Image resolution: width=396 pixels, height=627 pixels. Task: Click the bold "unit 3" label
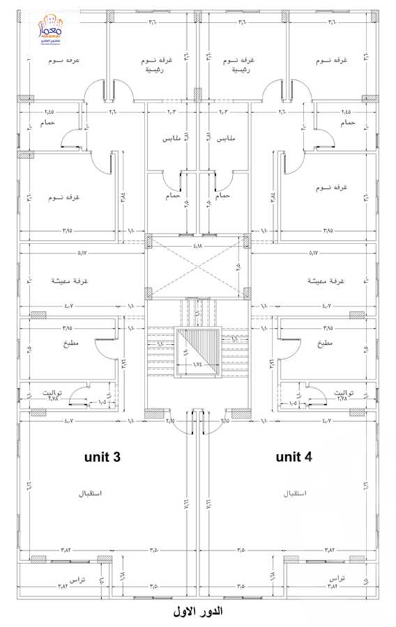pos(102,457)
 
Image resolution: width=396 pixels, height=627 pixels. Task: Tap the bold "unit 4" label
pos(294,457)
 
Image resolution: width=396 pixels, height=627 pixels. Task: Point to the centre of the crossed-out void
pos(198,265)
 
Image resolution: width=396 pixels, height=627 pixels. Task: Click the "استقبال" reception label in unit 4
pos(296,493)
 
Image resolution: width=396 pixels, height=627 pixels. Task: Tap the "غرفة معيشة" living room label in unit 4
pos(326,280)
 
